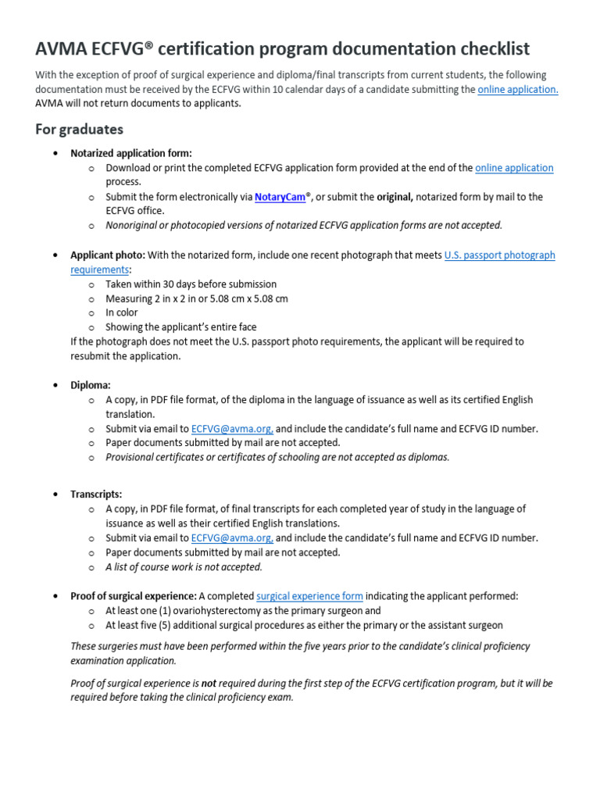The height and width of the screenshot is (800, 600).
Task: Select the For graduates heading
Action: click(79, 129)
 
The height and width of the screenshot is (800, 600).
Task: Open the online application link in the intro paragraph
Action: click(517, 90)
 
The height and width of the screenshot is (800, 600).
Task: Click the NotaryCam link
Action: click(280, 197)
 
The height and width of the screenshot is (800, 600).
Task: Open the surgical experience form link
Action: click(309, 596)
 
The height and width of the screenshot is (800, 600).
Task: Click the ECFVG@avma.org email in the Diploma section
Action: click(232, 429)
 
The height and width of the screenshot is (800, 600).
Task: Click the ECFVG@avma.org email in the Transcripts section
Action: click(232, 538)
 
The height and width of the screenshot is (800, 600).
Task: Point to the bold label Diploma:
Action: click(91, 385)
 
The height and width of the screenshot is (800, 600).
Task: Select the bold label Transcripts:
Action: click(96, 495)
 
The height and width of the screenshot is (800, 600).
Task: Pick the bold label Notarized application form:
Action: click(131, 153)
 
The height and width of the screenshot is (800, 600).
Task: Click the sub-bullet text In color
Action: click(122, 312)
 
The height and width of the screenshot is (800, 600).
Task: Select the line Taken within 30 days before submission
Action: click(191, 284)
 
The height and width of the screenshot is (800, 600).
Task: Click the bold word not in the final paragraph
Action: click(209, 683)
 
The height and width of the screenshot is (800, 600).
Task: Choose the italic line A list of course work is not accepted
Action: click(184, 567)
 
